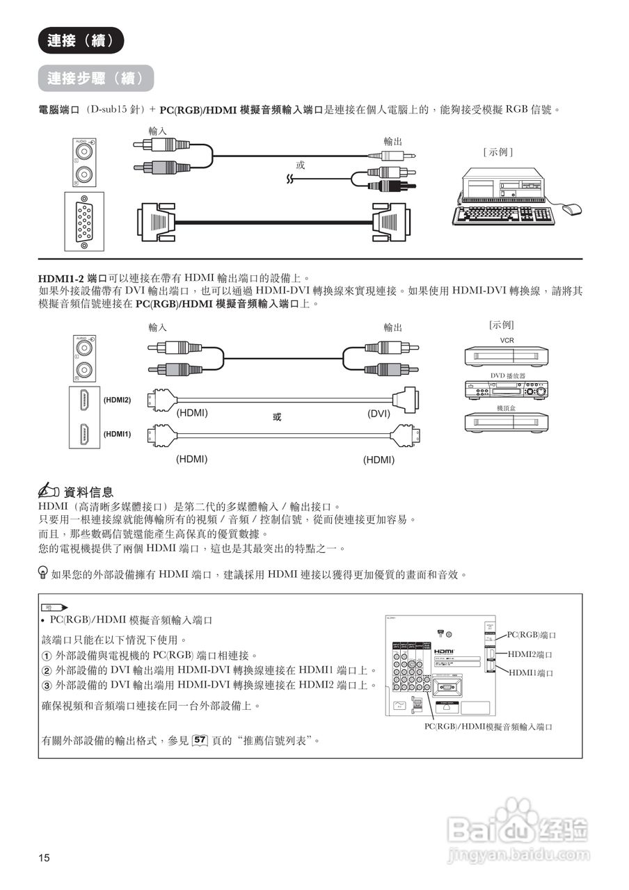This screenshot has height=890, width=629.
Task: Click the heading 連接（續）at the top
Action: [x=81, y=41]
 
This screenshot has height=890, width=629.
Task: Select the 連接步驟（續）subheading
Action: [x=95, y=78]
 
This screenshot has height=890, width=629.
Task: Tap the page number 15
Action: [x=45, y=857]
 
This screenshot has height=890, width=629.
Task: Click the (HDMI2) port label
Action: [x=117, y=400]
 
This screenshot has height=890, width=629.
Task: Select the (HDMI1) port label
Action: [x=117, y=434]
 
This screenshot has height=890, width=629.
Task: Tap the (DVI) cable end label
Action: [x=379, y=413]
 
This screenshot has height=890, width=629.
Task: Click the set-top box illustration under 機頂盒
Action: [x=507, y=423]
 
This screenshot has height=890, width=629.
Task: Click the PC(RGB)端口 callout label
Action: [x=532, y=635]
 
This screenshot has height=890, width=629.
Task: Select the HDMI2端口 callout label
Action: [x=530, y=654]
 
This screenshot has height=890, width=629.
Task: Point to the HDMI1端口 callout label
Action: [x=530, y=672]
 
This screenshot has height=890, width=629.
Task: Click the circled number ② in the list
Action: [x=47, y=671]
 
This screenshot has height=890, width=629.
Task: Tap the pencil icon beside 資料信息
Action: [x=50, y=492]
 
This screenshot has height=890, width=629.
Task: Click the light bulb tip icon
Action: [x=43, y=573]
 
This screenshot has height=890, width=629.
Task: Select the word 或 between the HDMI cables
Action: [x=277, y=416]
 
